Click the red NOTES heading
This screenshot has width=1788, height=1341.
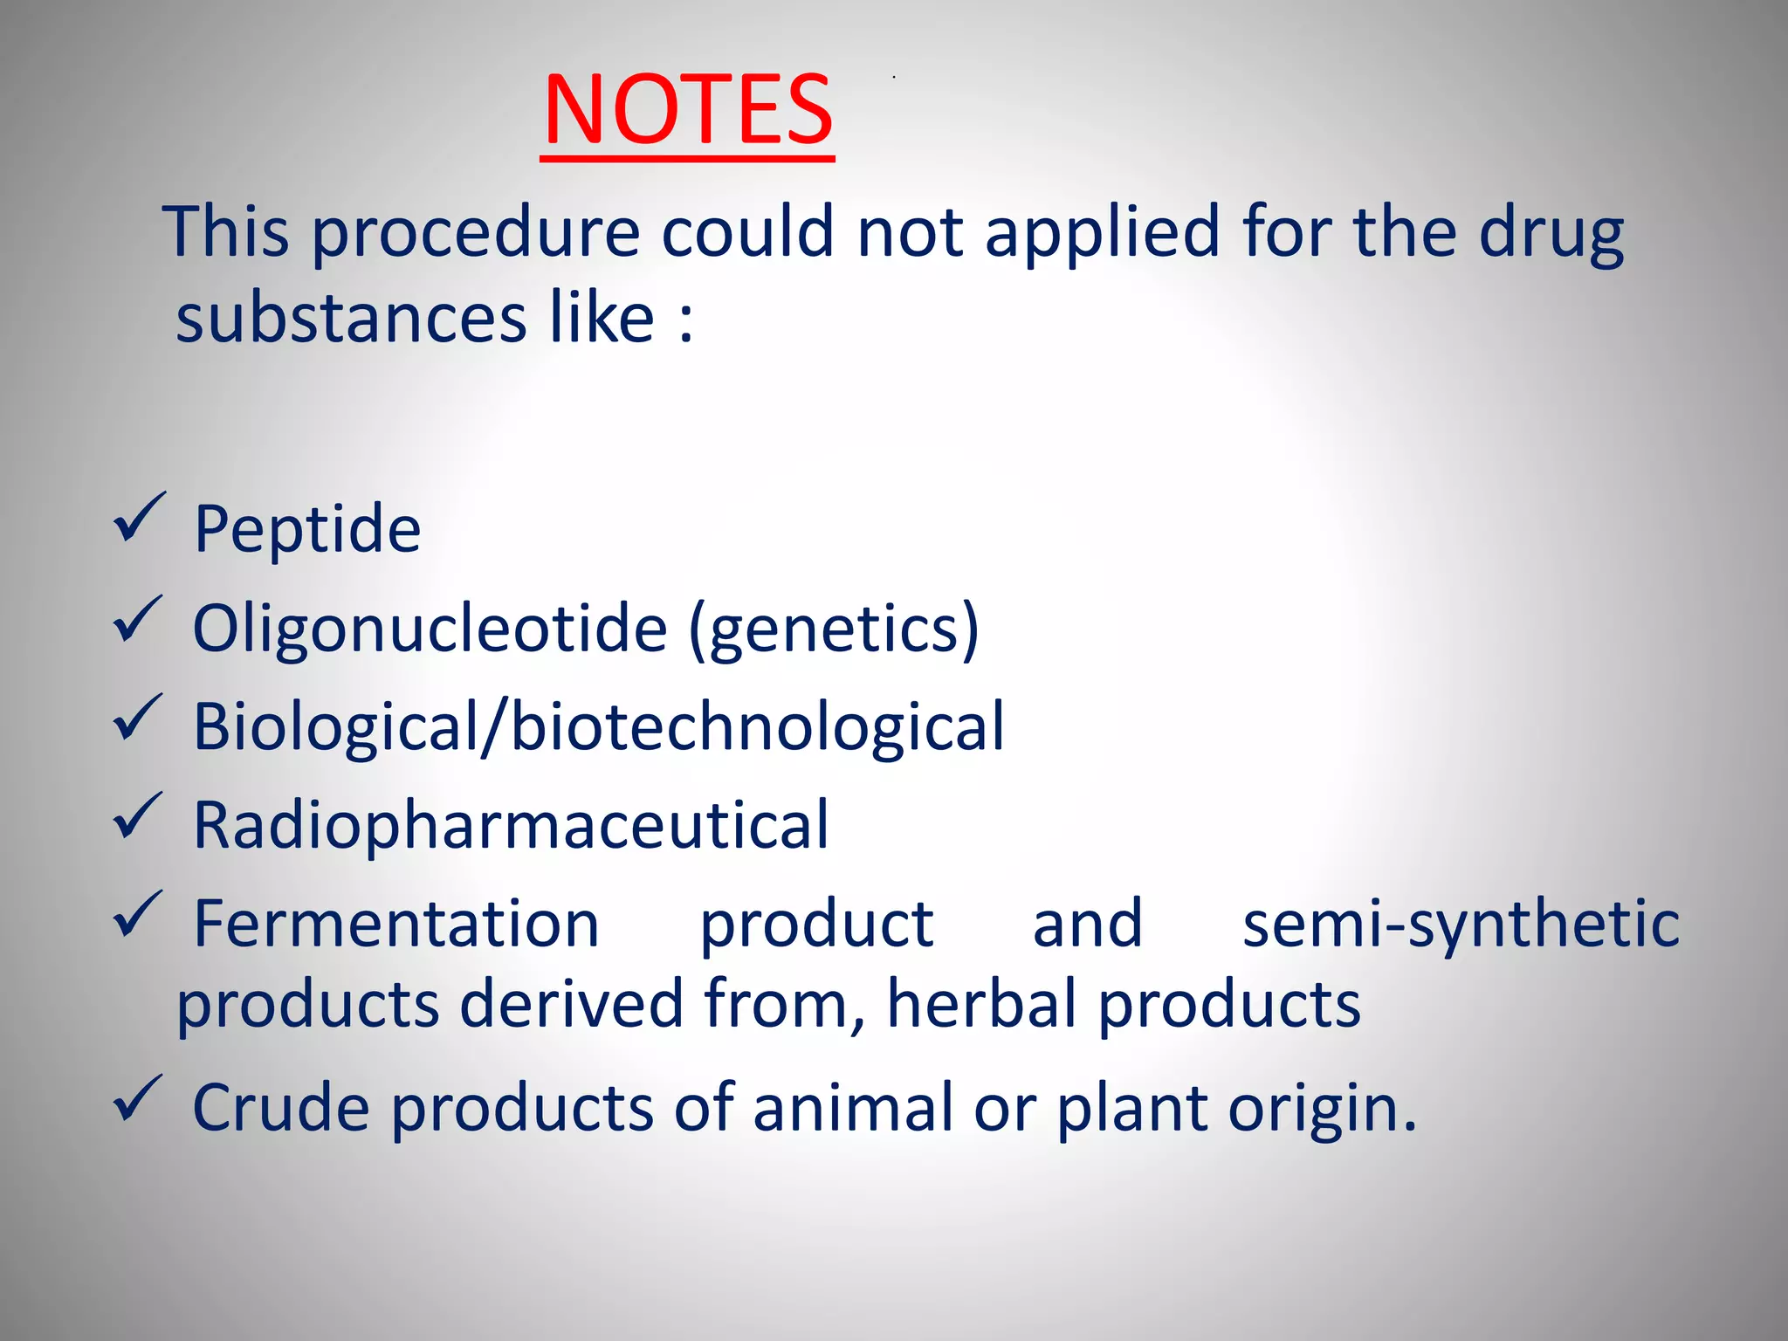click(x=688, y=110)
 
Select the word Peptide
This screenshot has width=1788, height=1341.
click(x=307, y=529)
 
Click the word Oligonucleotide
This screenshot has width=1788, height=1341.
click(x=430, y=629)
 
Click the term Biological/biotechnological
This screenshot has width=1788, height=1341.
click(x=599, y=726)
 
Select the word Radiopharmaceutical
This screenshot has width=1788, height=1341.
click(x=511, y=825)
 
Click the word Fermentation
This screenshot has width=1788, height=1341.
click(x=396, y=924)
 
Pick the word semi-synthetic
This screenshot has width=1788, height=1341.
click(x=1461, y=924)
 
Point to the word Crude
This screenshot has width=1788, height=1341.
click(x=280, y=1107)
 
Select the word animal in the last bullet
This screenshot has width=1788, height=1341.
click(x=852, y=1107)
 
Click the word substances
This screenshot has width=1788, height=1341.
click(x=351, y=318)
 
